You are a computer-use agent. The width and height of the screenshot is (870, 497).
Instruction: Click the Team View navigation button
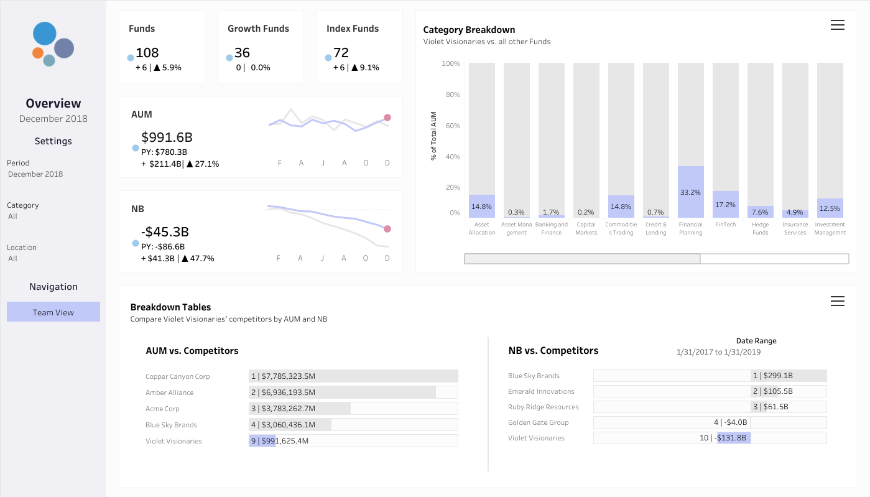click(53, 312)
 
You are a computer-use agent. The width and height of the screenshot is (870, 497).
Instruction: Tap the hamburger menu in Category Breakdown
click(838, 25)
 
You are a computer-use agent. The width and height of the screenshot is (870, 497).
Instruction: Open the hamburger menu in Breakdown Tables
click(838, 301)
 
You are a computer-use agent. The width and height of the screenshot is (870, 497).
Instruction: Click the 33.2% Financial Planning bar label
click(690, 192)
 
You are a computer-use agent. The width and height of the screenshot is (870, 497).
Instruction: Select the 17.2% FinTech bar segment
click(726, 204)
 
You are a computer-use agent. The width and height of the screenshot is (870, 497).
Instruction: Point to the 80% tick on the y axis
click(453, 95)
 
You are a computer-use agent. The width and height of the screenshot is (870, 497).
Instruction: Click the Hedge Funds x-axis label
click(760, 228)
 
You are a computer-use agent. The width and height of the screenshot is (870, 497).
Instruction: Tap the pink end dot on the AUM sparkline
click(387, 118)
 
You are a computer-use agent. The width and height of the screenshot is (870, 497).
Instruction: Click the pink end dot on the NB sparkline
click(387, 229)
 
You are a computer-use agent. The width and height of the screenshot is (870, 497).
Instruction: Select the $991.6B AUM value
click(167, 137)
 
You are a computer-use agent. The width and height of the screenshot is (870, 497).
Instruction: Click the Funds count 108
click(147, 52)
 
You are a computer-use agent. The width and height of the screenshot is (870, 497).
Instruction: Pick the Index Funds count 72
click(341, 52)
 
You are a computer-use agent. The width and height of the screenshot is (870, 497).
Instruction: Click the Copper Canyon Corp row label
click(177, 376)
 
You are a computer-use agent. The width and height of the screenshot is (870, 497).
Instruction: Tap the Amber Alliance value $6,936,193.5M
click(288, 392)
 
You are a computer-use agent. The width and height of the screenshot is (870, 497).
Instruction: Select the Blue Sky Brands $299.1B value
click(778, 375)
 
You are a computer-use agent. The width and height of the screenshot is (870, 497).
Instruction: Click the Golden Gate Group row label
click(539, 422)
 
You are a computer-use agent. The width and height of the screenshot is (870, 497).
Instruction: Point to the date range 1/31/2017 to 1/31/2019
click(718, 352)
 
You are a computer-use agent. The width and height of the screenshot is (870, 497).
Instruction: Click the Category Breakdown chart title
click(469, 30)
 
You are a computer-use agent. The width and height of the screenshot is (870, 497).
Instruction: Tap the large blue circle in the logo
click(45, 34)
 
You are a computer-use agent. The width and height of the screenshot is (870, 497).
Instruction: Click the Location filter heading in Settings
click(22, 248)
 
